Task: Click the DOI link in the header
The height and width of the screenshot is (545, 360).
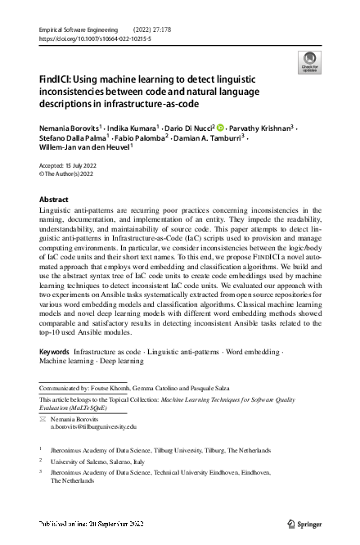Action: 83,38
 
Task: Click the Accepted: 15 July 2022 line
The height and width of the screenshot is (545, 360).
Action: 70,166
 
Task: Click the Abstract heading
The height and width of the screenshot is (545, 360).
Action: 54,199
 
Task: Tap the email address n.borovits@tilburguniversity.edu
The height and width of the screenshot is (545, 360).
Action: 93,427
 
